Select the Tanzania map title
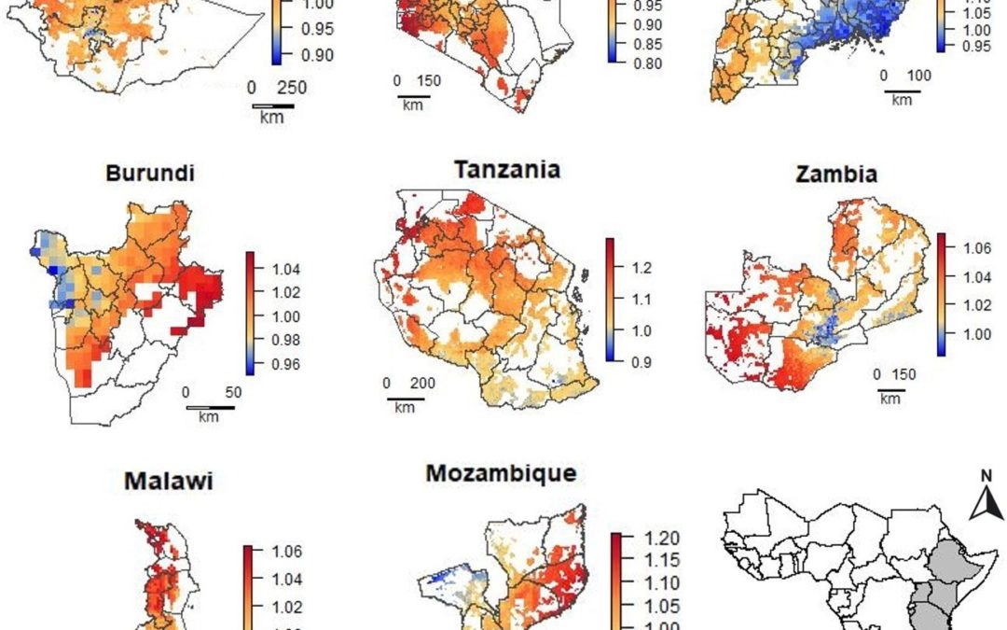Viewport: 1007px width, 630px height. [x=506, y=170]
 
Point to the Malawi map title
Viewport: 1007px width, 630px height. [x=169, y=482]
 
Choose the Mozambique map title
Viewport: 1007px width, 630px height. [x=501, y=473]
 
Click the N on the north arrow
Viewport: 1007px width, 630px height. [x=984, y=476]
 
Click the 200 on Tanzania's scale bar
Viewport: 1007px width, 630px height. [x=421, y=383]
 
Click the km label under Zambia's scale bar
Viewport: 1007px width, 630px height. [x=890, y=399]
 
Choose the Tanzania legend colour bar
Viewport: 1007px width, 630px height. [x=609, y=300]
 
